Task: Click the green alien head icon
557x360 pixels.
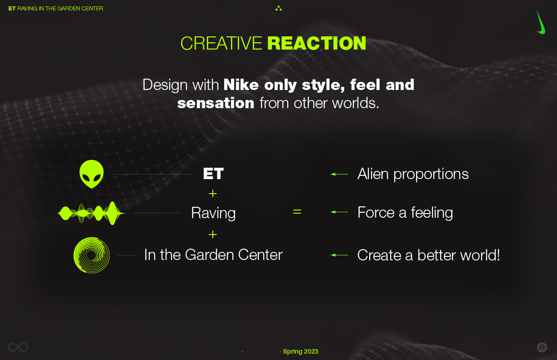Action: [91, 174]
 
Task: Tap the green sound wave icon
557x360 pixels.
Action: [91, 213]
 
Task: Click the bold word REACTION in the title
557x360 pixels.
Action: [316, 43]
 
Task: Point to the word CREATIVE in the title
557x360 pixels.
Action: [221, 43]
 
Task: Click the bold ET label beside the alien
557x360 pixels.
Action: [213, 174]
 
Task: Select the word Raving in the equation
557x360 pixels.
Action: [213, 213]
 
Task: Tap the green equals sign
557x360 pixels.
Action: [297, 212]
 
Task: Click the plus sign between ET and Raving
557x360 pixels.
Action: [213, 194]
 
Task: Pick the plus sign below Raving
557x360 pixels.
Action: [213, 235]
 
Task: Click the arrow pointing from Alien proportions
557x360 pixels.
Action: [339, 174]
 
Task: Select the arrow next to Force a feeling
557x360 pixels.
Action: [339, 212]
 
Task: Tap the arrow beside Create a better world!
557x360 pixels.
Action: [339, 255]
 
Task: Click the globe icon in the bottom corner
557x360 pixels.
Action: [542, 347]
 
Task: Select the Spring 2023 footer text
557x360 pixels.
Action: [301, 351]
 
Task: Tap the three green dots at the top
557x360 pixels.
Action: [278, 9]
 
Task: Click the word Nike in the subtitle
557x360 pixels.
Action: [241, 85]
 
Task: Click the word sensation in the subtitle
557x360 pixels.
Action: [216, 103]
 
